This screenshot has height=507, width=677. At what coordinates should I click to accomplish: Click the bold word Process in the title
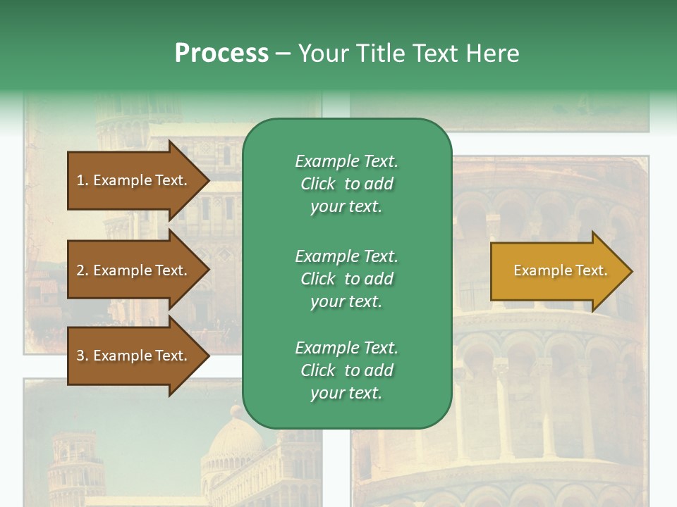pos(221,54)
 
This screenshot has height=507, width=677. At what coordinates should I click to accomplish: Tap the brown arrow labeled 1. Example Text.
pos(134,180)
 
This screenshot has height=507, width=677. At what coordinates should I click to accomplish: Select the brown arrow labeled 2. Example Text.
pos(134,270)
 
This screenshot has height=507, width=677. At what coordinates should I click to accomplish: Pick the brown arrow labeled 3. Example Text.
pos(134,356)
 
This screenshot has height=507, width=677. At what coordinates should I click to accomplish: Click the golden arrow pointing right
pos(557,271)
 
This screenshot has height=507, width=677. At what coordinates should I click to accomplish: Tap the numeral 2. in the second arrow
pos(83,270)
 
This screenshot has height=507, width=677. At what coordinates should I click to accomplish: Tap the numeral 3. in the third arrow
pos(83,356)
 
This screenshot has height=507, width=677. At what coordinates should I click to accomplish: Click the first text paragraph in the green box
pos(346,184)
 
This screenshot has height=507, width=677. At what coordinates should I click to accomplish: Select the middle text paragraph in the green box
pos(346,279)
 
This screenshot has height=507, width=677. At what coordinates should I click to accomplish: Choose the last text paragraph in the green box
pos(346,370)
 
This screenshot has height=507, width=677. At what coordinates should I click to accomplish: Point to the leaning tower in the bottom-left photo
pos(73,468)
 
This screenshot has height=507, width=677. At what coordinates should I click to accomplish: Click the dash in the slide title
pos(283,54)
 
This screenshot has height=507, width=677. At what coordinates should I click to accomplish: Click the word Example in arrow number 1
pos(122,180)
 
